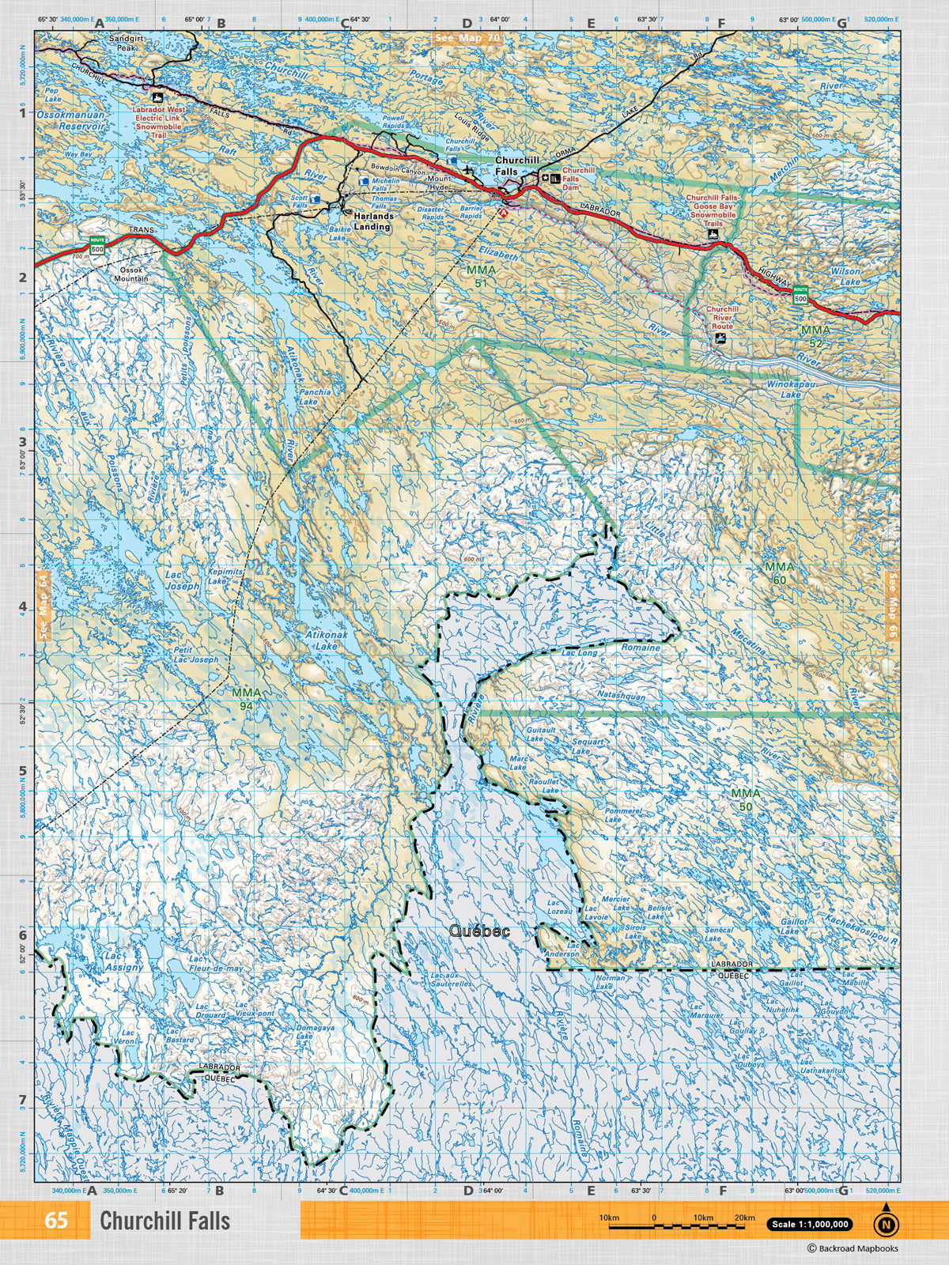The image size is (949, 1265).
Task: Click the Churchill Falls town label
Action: [517, 164]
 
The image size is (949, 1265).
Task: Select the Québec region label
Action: [479, 931]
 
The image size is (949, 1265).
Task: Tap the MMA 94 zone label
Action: [247, 698]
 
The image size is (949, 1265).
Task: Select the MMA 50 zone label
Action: [745, 799]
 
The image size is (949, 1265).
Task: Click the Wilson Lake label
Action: [845, 276]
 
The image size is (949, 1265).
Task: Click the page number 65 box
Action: [55, 1220]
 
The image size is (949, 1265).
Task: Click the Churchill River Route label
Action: [722, 317]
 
